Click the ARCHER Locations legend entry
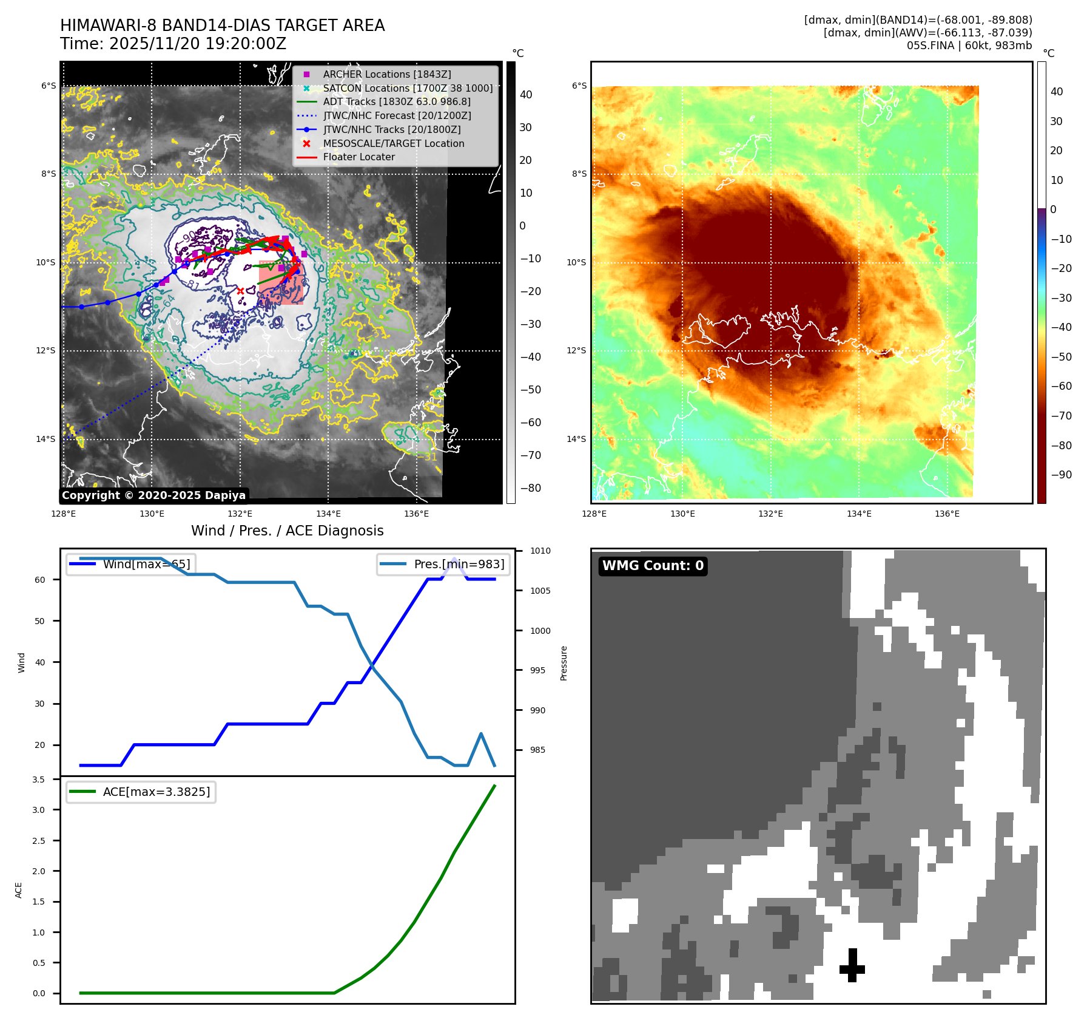coord(386,74)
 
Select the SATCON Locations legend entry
coord(407,88)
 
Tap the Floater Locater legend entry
coord(358,157)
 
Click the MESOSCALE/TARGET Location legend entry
coord(393,143)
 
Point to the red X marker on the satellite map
coord(241,291)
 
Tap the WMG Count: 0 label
coord(653,566)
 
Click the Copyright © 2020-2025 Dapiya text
coord(153,495)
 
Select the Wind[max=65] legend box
coord(131,564)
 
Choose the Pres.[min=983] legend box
coord(443,564)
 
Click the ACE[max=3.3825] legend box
coord(141,792)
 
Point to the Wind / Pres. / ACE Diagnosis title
coord(287,531)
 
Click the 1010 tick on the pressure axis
coord(540,551)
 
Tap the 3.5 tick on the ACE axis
coord(38,780)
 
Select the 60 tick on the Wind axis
coord(39,580)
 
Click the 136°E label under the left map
coord(416,514)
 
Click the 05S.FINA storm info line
coord(969,46)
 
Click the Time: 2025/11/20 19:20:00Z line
coord(173,44)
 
